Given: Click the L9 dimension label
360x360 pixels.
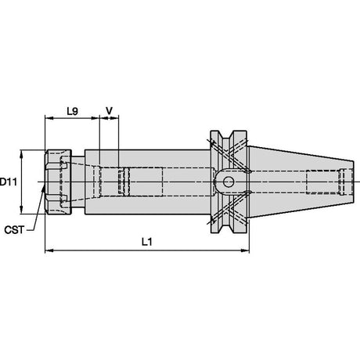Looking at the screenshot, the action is (72, 111).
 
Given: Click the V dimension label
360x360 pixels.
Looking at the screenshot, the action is (110, 111).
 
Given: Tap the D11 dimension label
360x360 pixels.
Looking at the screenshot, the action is (9, 182).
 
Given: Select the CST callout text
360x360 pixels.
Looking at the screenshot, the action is (14, 230).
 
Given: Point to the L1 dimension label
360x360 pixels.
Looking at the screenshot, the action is (147, 242).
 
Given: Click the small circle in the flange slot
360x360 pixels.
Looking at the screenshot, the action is (229, 182).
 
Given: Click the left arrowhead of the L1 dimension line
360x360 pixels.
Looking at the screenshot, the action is (49, 250).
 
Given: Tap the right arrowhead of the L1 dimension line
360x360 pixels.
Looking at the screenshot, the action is (245, 250).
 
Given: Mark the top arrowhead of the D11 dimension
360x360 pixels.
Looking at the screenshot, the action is (22, 154).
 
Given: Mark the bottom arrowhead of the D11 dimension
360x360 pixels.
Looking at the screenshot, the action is (22, 210).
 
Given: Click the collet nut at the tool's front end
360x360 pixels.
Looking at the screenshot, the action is (58, 182).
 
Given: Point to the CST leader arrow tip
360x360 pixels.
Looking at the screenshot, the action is (44, 187).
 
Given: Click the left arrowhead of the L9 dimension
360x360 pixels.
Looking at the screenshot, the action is (49, 118).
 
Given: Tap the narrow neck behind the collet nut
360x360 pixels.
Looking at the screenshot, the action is (78, 182).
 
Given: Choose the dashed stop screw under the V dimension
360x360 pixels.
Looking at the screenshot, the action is (124, 182).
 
